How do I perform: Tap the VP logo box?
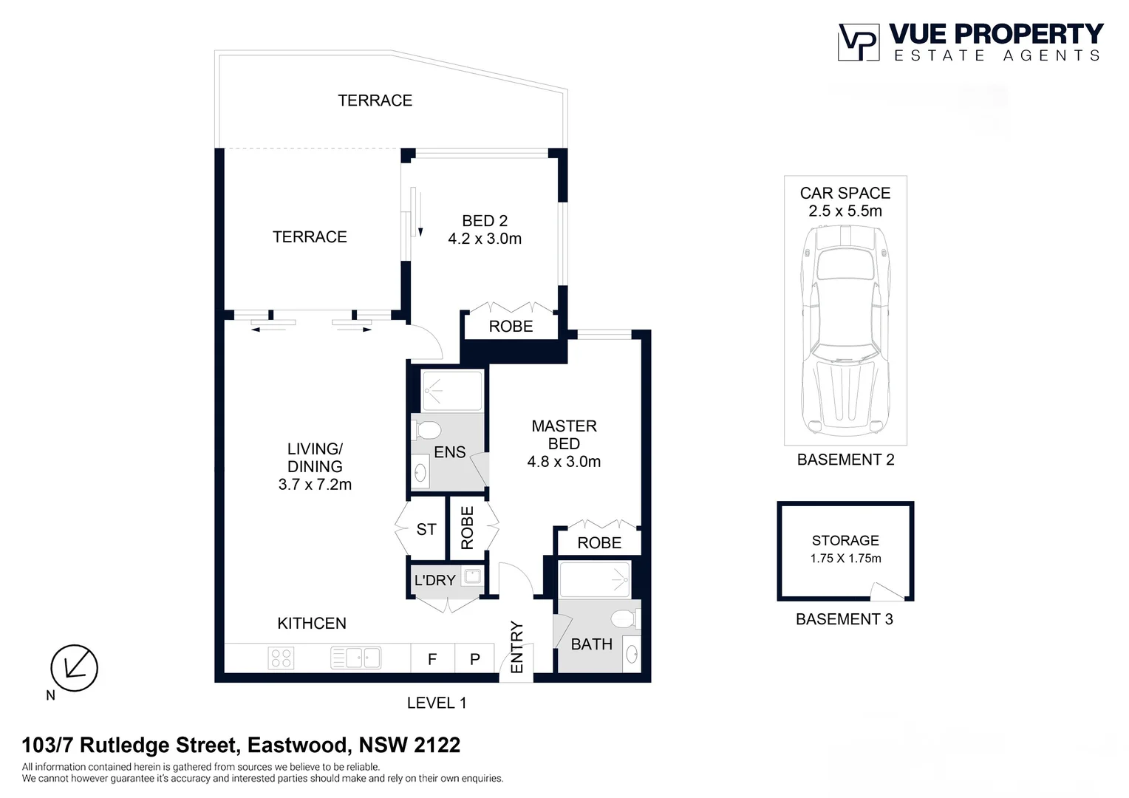coord(858,42)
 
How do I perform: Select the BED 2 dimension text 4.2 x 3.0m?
coord(485,239)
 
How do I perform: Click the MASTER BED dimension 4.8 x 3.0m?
coord(564,462)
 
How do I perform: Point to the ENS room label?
coord(449,452)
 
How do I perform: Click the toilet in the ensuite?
coord(426,429)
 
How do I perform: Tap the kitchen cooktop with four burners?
coord(282,658)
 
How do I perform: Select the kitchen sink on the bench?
coord(356,658)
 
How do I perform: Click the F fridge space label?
coord(432,659)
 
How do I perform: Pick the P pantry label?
coord(475,659)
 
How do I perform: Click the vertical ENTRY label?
coord(516,647)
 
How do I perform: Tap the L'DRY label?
coord(434,581)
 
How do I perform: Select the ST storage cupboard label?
coord(426,529)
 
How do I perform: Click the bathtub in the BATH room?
coord(594,580)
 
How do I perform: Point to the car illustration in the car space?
coord(845,329)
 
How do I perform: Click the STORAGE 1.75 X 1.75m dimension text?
coord(845,559)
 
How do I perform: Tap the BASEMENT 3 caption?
coord(844,619)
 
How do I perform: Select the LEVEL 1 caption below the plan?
coord(437,703)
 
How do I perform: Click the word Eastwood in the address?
coord(297,745)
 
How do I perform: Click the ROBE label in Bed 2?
coord(511,327)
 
